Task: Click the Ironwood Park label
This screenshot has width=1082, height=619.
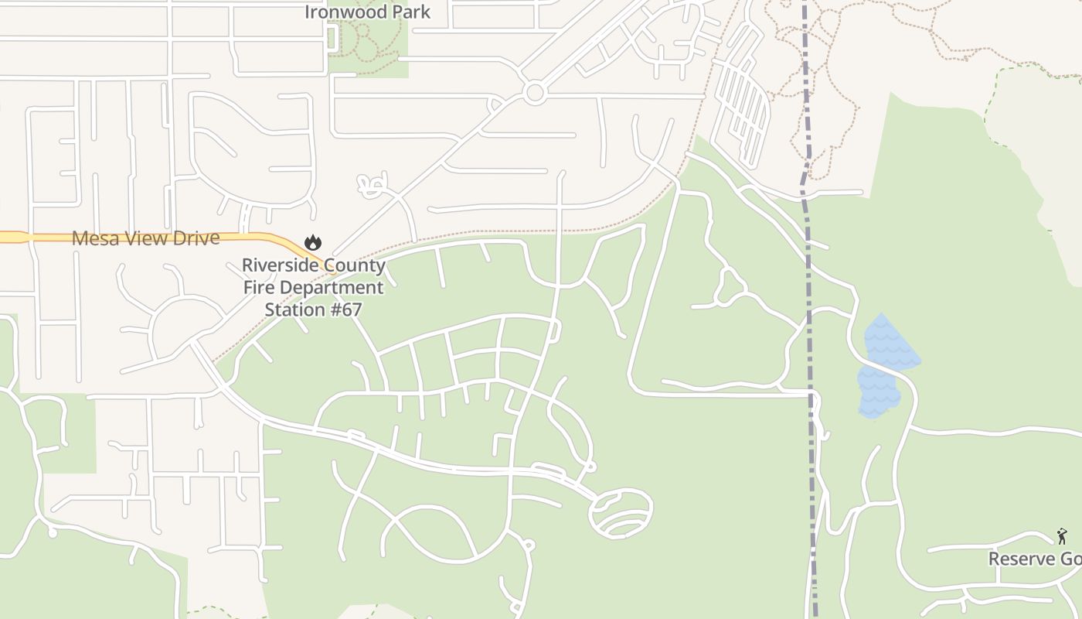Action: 367,12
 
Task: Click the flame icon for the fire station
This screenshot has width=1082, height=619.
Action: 313,242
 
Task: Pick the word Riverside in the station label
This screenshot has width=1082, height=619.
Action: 279,265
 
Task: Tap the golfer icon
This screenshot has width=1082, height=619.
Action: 1062,536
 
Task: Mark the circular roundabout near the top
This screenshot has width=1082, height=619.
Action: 534,93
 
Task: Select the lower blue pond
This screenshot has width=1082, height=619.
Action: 878,392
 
